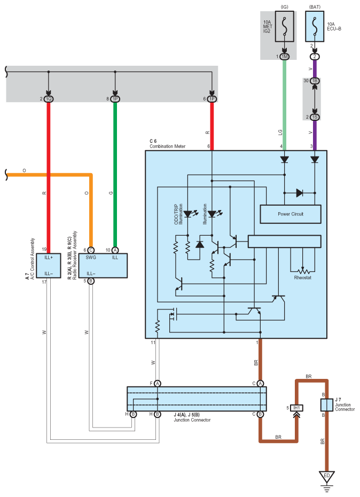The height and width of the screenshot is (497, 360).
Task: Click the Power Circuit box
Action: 290,214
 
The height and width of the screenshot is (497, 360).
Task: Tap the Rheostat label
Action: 302,278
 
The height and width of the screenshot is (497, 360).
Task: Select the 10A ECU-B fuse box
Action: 315,26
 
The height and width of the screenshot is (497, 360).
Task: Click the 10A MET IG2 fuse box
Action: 284,26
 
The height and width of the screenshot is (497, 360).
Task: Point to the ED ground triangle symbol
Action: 327,476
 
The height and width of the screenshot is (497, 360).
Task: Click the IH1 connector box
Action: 296,408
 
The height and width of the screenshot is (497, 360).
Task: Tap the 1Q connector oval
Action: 49,99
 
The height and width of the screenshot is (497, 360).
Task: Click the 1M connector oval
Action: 284,57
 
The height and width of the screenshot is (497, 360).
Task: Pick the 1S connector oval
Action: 315,117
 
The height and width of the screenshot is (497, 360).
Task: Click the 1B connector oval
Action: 315,81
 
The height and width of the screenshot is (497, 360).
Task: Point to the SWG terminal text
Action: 91,258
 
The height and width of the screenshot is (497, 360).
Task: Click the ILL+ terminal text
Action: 49,258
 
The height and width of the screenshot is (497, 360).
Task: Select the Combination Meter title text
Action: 167,146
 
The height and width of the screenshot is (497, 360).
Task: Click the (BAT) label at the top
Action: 315,6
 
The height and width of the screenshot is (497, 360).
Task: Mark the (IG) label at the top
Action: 284,6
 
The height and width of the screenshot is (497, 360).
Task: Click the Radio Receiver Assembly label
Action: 75,255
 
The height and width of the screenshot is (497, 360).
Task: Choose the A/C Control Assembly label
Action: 33,259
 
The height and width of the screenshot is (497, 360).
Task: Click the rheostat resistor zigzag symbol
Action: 303,271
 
